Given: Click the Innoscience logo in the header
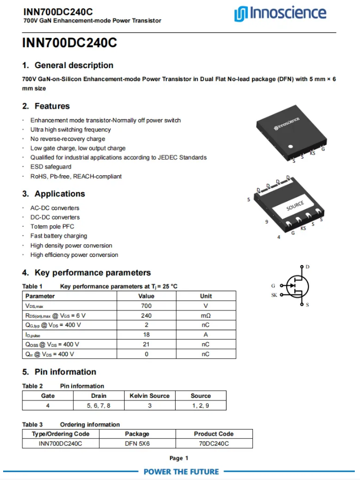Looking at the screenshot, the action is (x=280, y=14).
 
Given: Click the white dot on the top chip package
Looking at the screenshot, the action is (x=291, y=146).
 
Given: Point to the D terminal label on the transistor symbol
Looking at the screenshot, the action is (x=308, y=267).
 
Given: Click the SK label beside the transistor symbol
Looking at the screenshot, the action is (x=274, y=295).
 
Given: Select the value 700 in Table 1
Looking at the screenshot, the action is (x=146, y=306).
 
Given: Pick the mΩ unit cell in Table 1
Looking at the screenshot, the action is (x=206, y=316).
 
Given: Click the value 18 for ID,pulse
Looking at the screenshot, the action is (x=146, y=335).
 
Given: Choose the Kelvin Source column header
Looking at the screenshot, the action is (x=150, y=396).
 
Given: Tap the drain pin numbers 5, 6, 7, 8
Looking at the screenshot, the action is (x=99, y=406).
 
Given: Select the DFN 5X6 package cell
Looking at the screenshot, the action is (x=137, y=444).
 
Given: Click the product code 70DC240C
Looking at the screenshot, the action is (x=214, y=444).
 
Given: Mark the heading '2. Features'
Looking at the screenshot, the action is (x=46, y=106).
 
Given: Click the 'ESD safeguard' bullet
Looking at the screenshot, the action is (x=51, y=167).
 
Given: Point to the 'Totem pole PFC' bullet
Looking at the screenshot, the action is (x=52, y=227).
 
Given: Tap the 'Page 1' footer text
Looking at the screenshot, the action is (x=179, y=458).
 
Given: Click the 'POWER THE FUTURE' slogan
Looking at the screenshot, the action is (x=181, y=472).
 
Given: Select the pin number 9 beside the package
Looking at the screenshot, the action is (x=266, y=222).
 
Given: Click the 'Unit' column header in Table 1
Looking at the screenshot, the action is (x=206, y=296).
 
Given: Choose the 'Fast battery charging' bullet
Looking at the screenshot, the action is (x=59, y=236).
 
